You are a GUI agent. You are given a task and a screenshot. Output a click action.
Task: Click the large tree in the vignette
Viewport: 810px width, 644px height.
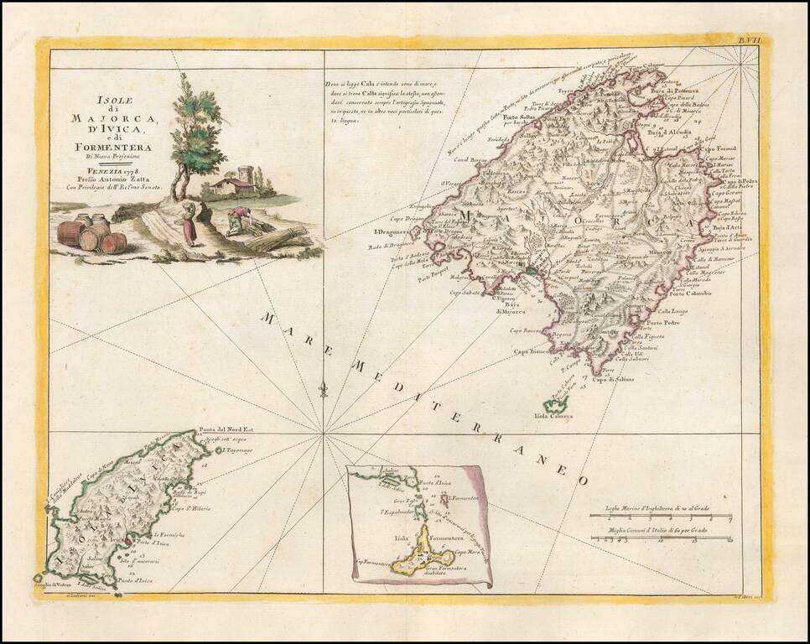tap(198, 134)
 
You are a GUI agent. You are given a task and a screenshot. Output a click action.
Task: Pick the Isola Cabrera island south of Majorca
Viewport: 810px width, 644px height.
tap(555, 404)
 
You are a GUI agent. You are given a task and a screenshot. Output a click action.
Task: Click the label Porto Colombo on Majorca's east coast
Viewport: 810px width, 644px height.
tap(690, 293)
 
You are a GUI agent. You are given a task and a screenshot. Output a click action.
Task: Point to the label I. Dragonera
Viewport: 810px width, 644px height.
tap(390, 231)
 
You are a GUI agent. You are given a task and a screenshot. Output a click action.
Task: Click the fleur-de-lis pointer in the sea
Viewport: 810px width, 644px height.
tap(323, 388)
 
